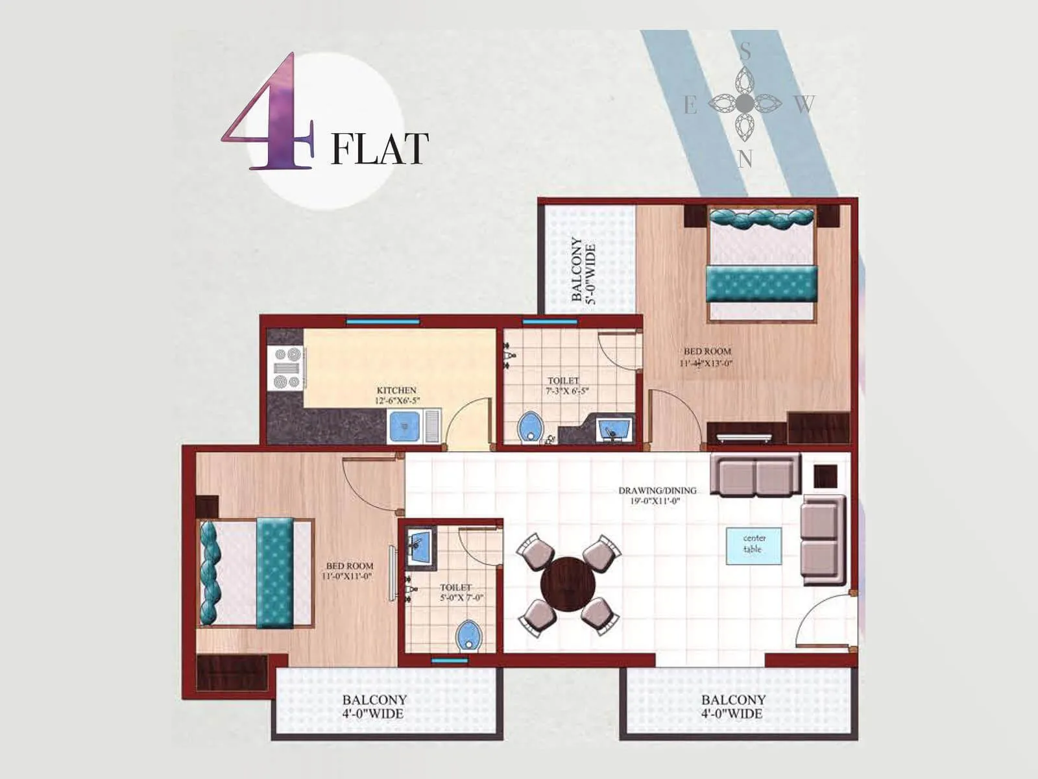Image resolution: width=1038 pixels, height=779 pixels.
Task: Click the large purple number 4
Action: (x=272, y=117)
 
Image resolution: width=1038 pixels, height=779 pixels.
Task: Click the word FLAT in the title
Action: (x=380, y=149)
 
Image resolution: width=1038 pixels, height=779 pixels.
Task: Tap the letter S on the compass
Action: (x=745, y=51)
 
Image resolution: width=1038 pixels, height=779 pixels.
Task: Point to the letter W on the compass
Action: (x=804, y=104)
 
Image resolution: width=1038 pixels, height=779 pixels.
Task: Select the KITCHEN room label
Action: (x=396, y=390)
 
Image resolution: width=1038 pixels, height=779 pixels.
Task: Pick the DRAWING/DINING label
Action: (x=657, y=490)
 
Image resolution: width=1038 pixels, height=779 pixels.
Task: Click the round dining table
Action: (x=568, y=584)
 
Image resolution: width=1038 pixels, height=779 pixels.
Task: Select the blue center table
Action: (x=753, y=545)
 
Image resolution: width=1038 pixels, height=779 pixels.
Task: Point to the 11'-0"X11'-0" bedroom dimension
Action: (x=348, y=576)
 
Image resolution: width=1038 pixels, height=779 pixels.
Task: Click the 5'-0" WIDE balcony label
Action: (x=583, y=269)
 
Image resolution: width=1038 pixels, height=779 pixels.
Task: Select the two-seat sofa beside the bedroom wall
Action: (x=755, y=475)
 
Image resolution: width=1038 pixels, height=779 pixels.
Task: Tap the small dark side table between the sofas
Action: (x=825, y=476)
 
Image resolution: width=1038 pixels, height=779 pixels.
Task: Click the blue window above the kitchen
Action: (x=382, y=321)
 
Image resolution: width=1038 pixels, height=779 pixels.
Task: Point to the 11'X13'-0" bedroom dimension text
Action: (x=706, y=364)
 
